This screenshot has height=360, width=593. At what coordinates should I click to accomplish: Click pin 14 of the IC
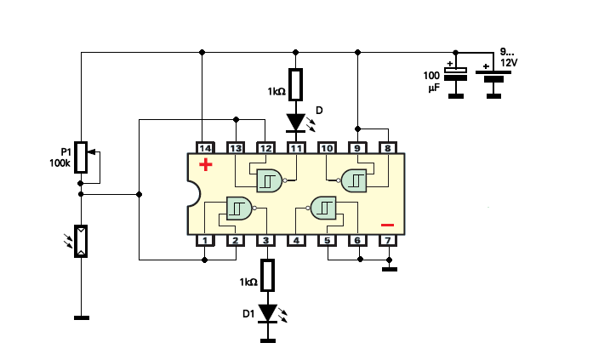205,148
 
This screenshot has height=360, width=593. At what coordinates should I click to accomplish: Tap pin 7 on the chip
388,240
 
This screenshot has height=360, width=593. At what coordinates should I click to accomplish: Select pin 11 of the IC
296,148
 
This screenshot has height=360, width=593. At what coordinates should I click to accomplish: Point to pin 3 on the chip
265,240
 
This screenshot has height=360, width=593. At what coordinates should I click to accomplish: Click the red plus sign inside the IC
206,164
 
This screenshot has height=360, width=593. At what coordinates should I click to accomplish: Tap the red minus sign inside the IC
388,225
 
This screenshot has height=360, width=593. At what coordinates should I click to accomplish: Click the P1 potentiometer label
66,152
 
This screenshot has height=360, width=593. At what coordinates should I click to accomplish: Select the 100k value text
60,163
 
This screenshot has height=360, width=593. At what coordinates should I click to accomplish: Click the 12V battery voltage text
509,63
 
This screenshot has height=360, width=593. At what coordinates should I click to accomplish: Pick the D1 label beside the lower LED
248,314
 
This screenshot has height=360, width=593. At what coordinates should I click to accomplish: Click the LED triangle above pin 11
296,123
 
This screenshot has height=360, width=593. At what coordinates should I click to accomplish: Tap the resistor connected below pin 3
268,275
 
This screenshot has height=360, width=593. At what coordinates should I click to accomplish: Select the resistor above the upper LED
296,85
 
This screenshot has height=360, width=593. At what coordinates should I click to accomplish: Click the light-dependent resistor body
81,241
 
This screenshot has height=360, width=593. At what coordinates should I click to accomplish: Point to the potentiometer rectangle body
81,157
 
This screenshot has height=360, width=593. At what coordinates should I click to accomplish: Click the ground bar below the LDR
82,318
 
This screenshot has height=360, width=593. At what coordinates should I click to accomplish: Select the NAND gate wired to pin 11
270,180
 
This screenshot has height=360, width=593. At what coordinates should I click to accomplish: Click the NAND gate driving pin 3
239,209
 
